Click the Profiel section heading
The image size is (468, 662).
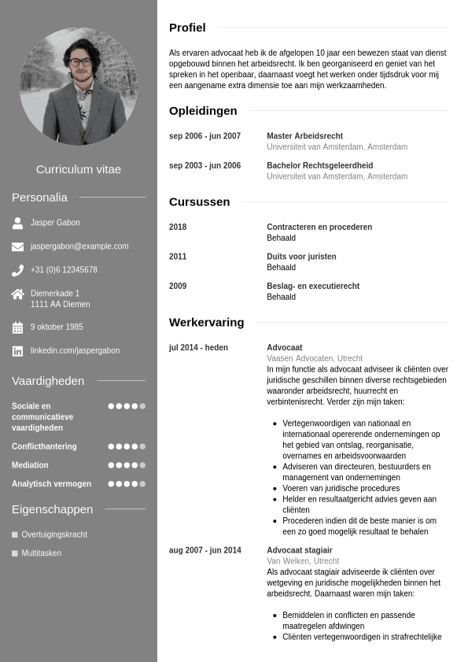pos(187,28)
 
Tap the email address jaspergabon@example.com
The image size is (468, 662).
pos(79,246)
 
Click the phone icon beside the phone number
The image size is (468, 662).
pos(17,270)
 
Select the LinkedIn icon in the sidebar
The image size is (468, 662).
pos(17,351)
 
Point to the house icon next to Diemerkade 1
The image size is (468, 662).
pos(17,294)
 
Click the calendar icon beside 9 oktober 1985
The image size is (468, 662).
pos(17,327)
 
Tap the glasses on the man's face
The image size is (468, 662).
pos(80,61)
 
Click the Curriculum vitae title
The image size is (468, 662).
pos(79,169)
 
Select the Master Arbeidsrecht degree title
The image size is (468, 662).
pos(304,136)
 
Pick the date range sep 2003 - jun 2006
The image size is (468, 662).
pos(205,166)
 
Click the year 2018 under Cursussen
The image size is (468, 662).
pos(178,227)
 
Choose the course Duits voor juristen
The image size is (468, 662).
pos(301,257)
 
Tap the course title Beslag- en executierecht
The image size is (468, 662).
pos(313,287)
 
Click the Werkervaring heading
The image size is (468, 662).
pos(206,322)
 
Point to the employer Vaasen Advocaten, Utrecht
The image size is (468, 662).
pos(315,358)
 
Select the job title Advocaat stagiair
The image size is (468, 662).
pos(300,550)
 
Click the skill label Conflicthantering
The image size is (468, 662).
pos(44,446)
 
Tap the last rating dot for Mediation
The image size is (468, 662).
pos(142,465)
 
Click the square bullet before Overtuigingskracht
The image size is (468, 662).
pos(15,534)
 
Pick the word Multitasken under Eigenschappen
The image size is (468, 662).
pos(41,553)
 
